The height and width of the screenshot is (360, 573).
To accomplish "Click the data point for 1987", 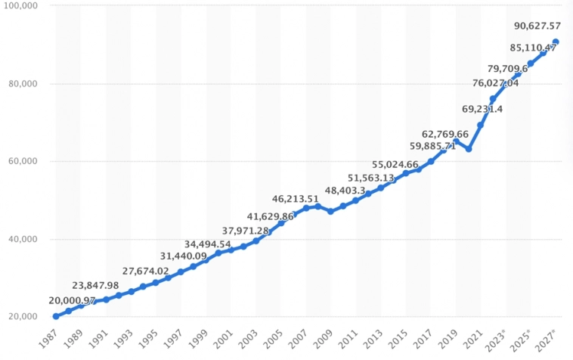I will (x=56, y=316).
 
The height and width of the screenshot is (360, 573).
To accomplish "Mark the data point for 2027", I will (x=556, y=42).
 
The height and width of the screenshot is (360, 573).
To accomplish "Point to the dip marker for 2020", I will (x=468, y=149).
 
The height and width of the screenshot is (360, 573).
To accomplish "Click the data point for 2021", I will (x=481, y=125).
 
